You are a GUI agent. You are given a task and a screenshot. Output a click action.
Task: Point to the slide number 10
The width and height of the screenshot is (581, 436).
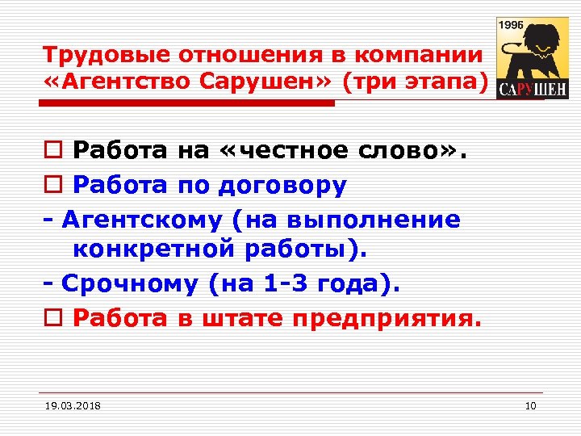click(529, 405)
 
